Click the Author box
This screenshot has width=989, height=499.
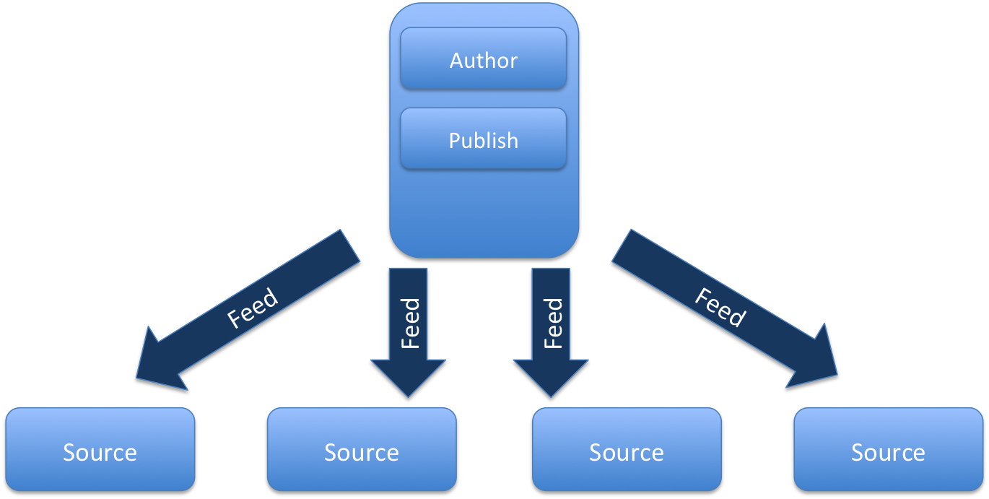(x=483, y=59)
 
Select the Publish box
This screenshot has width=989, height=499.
(x=483, y=139)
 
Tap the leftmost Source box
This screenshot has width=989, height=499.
(x=100, y=451)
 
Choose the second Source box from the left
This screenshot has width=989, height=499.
(x=362, y=451)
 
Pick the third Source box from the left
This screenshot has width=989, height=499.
(x=626, y=451)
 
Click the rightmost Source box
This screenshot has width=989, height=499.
(x=888, y=451)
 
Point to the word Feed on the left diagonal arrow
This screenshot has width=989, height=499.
(x=253, y=308)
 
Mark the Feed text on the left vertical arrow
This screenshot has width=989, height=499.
(x=410, y=323)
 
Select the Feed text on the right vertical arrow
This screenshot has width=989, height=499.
(x=553, y=323)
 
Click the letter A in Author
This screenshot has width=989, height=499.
(x=457, y=60)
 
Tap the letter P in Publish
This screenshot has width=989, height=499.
(x=455, y=140)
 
